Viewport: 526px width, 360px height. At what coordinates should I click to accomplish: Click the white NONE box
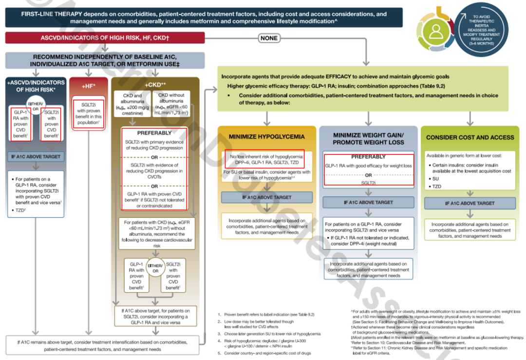pos(269,38)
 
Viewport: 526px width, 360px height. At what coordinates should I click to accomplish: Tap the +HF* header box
pos(88,86)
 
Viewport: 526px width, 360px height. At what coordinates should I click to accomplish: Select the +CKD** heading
pos(156,84)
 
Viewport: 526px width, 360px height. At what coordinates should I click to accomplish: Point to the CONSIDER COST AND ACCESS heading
pos(470,138)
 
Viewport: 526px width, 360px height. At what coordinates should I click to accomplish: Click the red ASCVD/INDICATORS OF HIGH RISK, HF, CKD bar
pos(104,38)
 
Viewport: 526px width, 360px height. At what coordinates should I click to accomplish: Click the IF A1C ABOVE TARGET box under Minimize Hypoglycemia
pos(267,197)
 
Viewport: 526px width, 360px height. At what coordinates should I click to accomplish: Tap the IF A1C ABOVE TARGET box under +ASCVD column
pos(36,157)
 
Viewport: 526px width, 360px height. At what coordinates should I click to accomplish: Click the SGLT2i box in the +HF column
pos(88,113)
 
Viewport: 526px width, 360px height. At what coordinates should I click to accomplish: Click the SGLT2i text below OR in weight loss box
pos(368,182)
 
